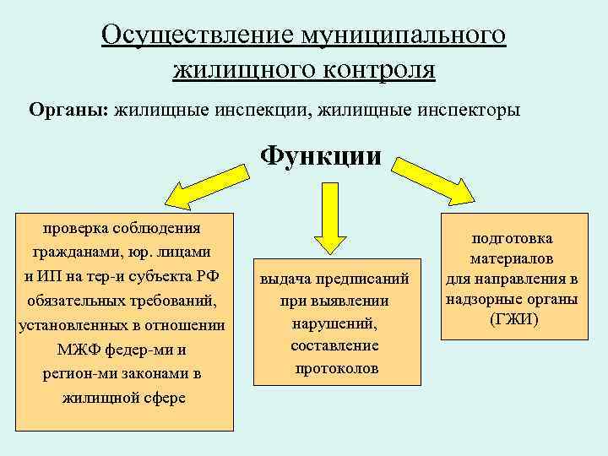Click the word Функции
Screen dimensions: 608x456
tap(320, 157)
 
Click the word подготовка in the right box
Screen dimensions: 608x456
tap(513, 240)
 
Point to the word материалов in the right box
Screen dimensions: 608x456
tap(513, 260)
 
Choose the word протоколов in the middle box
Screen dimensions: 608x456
tap(337, 368)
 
